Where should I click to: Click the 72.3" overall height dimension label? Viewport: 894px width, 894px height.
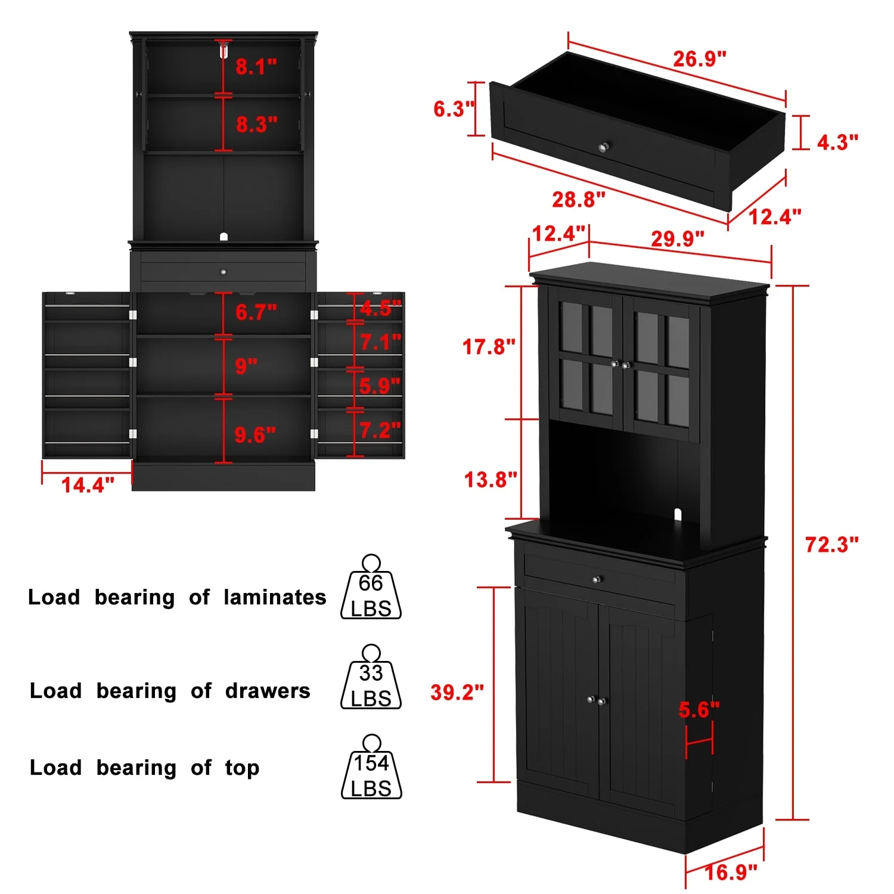point(831,544)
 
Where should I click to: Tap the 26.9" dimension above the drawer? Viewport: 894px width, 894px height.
point(700,58)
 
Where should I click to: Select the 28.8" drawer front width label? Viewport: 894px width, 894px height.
point(578,199)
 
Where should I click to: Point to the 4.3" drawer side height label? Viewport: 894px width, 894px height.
point(837,142)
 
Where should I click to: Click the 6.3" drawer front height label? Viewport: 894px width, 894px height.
point(454,108)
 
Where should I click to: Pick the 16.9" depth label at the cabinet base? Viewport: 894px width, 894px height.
point(731,873)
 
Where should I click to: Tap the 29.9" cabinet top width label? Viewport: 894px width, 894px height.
point(677,238)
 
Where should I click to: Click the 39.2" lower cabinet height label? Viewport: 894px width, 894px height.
point(457,692)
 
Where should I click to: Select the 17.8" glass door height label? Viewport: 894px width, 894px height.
point(489,346)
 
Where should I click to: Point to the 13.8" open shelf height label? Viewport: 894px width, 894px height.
point(491,479)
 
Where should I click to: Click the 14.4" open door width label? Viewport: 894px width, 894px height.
point(88,485)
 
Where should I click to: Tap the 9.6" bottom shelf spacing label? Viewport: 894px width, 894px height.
point(255,434)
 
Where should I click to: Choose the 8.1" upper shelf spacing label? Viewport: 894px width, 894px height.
point(256,66)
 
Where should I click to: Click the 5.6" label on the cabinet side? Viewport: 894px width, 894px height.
point(699,709)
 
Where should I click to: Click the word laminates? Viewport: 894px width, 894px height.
point(275,597)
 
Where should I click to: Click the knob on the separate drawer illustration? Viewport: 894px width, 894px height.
point(604,146)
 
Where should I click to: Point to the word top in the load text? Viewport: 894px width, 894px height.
point(242,768)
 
